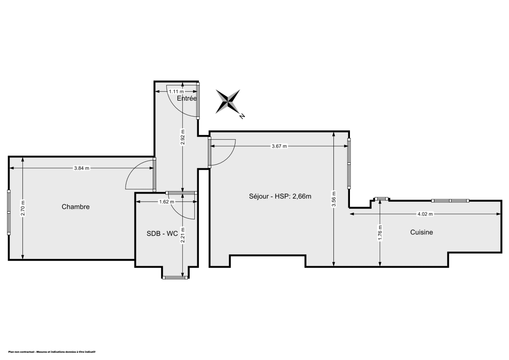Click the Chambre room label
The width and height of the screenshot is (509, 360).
[x=76, y=207]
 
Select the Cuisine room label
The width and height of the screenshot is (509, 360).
[x=421, y=232]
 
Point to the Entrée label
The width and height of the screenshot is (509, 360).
[x=187, y=98]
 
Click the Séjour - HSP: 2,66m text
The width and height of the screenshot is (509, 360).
[x=280, y=196]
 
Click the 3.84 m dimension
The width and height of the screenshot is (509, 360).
[x=81, y=168]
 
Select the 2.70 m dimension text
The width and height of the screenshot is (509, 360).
[x=23, y=208]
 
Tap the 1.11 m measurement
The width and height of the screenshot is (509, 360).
[x=176, y=91]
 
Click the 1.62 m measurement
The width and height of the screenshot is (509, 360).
[x=167, y=202]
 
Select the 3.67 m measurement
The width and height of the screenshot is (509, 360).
[x=279, y=146]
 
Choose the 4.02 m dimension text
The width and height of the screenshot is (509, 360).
[x=425, y=214]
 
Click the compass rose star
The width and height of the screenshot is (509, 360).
[x=228, y=101]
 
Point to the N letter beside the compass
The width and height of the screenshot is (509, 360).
[x=242, y=116]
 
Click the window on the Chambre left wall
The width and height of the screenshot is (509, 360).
[x=8, y=212]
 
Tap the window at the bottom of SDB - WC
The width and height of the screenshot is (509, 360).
[x=175, y=278]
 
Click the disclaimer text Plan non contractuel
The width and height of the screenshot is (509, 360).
[x=49, y=352]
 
